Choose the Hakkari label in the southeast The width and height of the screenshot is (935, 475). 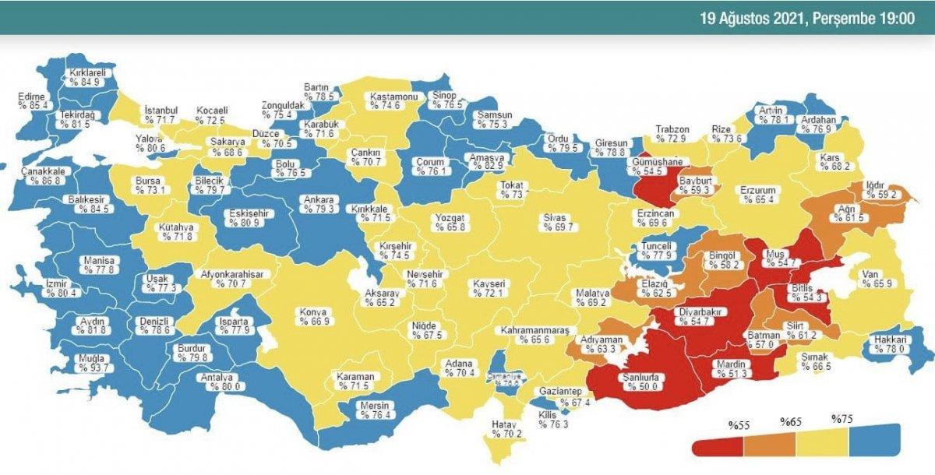(889, 344)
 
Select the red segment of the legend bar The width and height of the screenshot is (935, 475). (718, 445)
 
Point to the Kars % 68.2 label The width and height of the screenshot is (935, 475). (834, 161)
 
